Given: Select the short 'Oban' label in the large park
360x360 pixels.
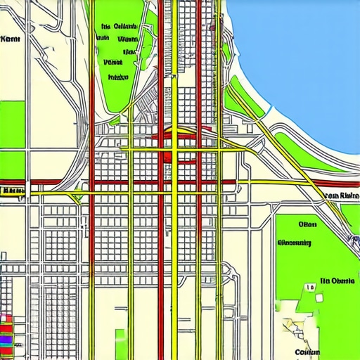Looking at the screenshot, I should click(307, 226).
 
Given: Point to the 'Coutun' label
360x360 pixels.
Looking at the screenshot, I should click(307, 352).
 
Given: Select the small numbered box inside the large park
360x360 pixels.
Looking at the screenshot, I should click(309, 288).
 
